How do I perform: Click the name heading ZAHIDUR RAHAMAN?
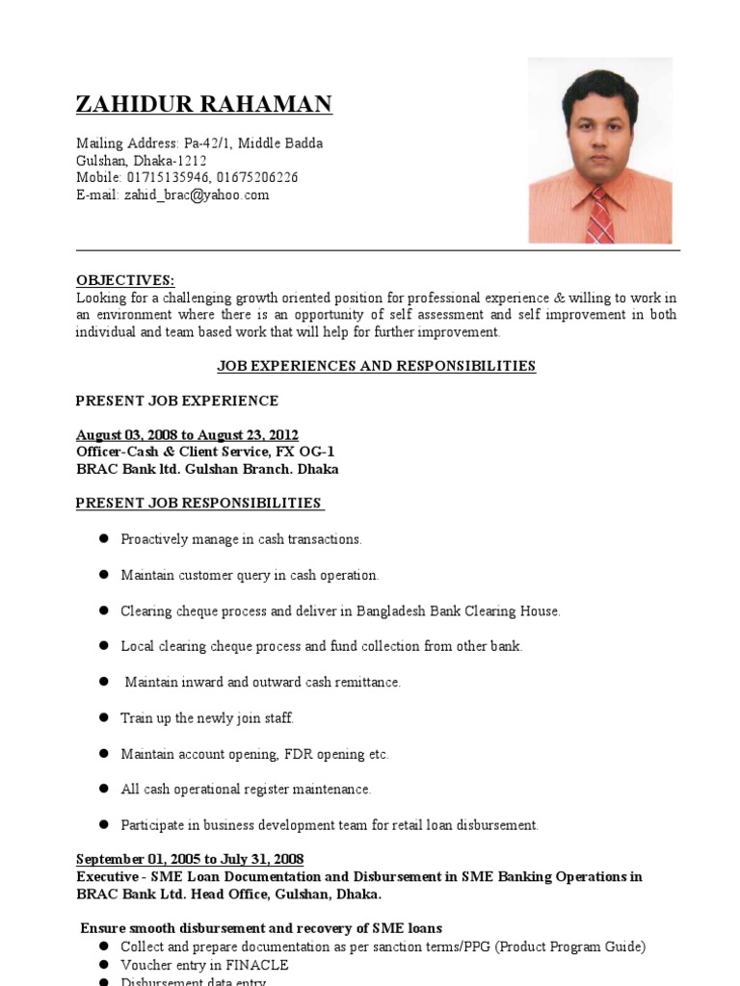[204, 105]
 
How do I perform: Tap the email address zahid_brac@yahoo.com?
[196, 195]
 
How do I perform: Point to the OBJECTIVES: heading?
[125, 280]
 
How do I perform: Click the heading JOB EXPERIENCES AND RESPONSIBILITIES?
[377, 366]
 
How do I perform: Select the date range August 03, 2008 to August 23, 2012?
[187, 435]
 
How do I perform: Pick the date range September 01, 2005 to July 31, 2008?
[190, 859]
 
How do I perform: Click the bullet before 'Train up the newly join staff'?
[101, 717]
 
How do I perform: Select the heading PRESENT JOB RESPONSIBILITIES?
[198, 504]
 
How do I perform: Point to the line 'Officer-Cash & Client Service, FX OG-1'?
[205, 453]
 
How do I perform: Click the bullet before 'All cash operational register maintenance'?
[101, 789]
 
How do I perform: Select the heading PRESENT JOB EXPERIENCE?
[177, 401]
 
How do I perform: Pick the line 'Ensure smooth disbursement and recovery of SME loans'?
[261, 929]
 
